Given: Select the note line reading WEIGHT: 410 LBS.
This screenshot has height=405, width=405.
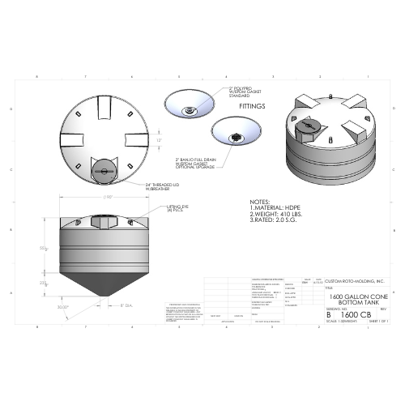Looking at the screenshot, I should tap(273, 214).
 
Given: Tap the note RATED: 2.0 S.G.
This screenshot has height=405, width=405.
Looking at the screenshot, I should tap(274, 220).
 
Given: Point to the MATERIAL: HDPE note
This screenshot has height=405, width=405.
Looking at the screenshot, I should tap(274, 208).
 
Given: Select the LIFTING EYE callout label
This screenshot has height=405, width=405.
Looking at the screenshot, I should tap(177, 210).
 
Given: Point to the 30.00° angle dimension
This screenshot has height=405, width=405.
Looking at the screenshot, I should tap(63, 306).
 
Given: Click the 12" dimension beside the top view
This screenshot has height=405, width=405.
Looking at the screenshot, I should tap(160, 139).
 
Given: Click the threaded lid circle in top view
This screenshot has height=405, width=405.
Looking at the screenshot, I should tap(104, 170).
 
